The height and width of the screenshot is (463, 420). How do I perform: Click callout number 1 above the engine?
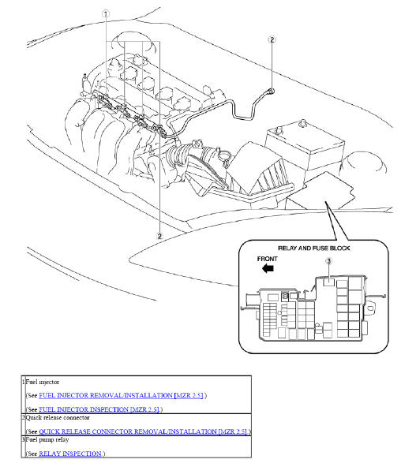(x=106, y=13)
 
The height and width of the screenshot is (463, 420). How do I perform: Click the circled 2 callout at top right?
(x=272, y=39)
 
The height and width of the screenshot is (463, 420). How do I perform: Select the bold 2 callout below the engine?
(x=159, y=235)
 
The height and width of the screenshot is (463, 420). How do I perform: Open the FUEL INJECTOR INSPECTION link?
(x=99, y=409)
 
